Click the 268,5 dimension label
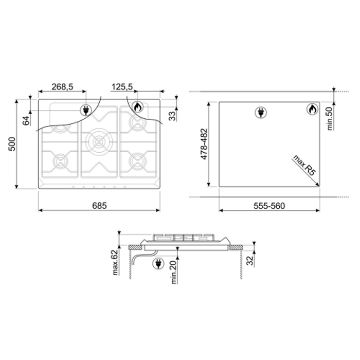(62, 87)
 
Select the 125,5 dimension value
(122, 87)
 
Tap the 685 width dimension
(99, 206)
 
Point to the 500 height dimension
(12, 144)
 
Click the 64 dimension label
(26, 121)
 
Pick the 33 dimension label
(172, 116)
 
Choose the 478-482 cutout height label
(204, 144)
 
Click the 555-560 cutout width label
(269, 206)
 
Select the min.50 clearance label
(330, 119)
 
